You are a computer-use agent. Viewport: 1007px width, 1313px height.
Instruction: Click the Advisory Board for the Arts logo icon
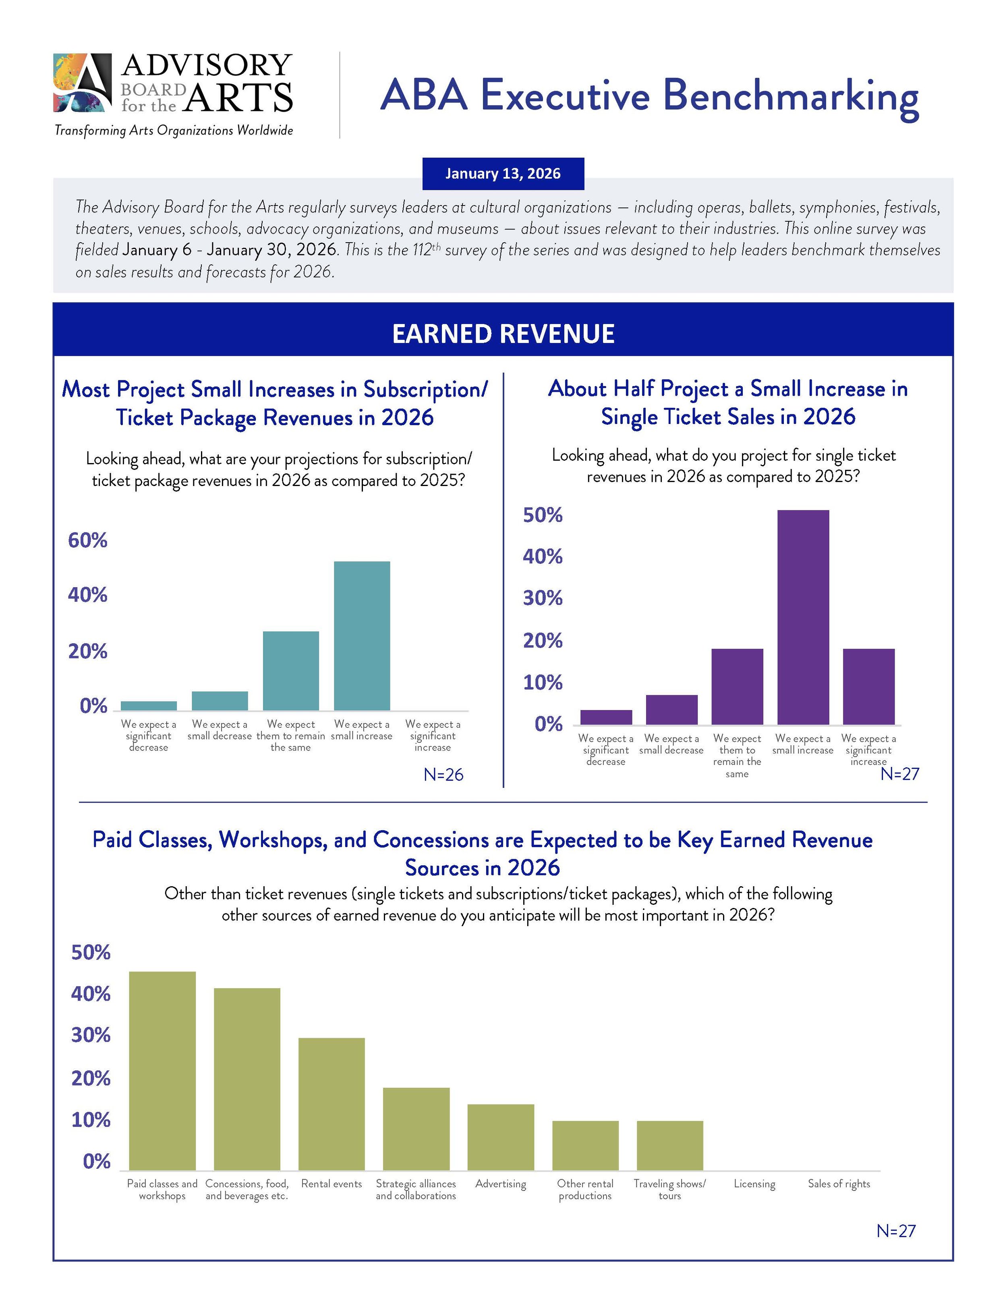tap(82, 82)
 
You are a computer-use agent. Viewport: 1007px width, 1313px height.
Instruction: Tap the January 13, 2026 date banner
tap(503, 174)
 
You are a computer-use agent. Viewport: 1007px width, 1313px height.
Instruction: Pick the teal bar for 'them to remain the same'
tap(291, 670)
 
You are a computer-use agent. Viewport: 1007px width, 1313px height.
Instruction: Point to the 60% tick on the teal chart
tap(87, 540)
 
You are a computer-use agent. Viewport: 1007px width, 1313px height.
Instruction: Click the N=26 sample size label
tap(443, 775)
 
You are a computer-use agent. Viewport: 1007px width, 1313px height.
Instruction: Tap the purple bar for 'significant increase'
tap(868, 686)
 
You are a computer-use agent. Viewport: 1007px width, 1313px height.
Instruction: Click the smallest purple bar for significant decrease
tap(605, 717)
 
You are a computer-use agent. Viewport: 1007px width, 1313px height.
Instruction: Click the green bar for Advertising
tap(501, 1137)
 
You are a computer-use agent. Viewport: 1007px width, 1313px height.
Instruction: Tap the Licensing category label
tap(754, 1184)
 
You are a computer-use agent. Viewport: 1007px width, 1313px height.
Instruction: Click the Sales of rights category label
tap(839, 1184)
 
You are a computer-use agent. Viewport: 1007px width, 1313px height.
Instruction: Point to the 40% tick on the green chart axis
tap(91, 994)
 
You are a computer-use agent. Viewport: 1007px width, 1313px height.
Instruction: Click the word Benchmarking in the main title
tap(791, 96)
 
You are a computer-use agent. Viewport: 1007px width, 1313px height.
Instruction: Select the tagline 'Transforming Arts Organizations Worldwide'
tap(174, 130)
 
